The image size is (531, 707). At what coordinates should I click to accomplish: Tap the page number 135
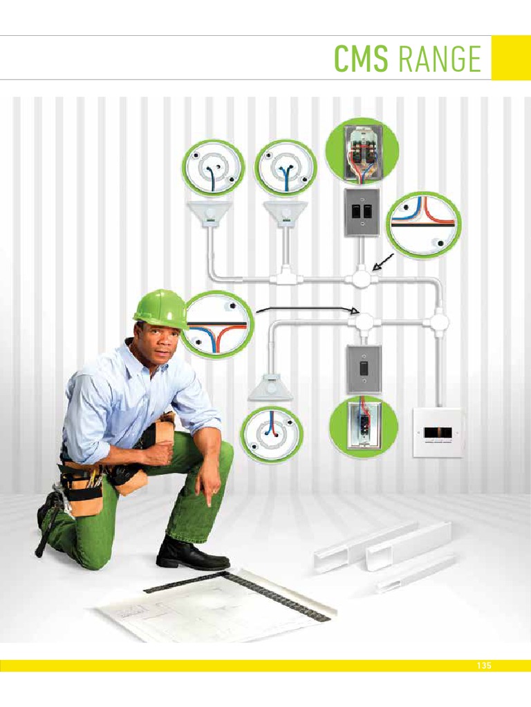click(483, 666)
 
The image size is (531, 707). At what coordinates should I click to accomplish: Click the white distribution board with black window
click(437, 433)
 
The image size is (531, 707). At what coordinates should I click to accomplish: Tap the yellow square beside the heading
click(511, 58)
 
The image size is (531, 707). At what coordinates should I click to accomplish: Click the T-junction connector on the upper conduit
click(284, 278)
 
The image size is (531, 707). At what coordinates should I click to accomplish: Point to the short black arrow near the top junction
click(383, 262)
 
